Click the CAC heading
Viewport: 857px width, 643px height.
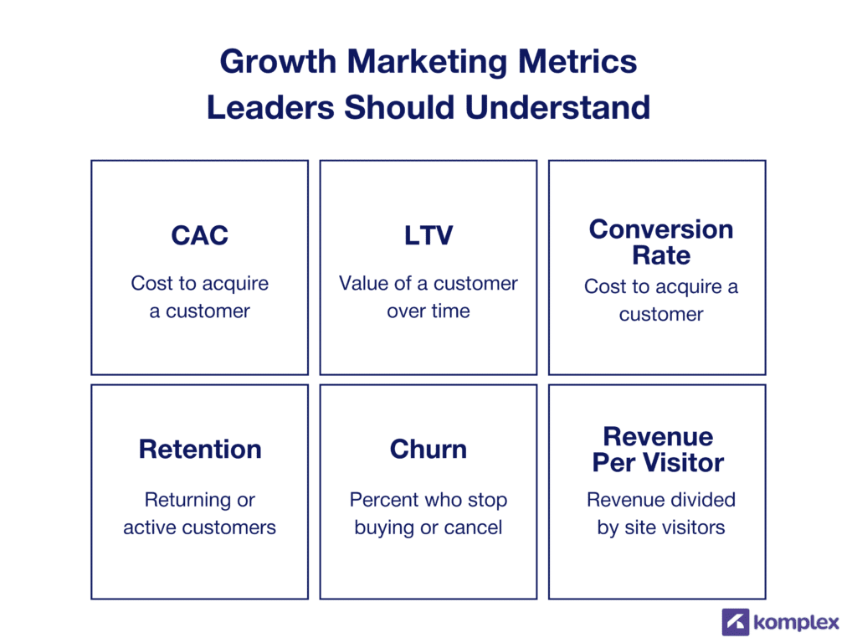pos(199,235)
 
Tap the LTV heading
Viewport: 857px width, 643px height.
pos(428,235)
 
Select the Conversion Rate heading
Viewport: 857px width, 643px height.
pos(660,242)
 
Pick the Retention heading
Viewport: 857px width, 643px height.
pos(200,449)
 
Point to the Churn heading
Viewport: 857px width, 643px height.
pos(428,449)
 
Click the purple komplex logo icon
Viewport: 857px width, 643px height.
pos(736,622)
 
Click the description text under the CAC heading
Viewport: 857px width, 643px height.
pos(200,297)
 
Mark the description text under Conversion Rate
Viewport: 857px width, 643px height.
pos(661,301)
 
